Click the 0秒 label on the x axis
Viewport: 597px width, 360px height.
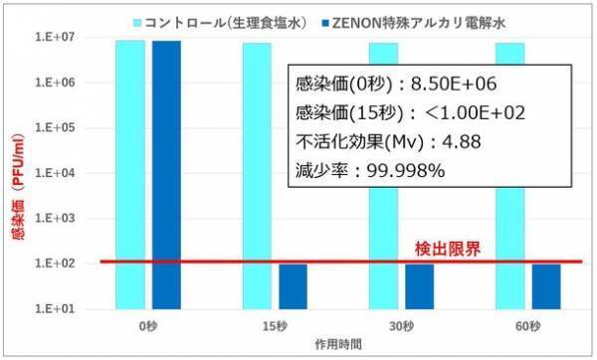point(147,325)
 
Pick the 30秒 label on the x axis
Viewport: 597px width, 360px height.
point(401,325)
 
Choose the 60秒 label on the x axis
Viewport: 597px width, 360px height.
point(527,325)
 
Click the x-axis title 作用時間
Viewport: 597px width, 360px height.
point(338,342)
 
